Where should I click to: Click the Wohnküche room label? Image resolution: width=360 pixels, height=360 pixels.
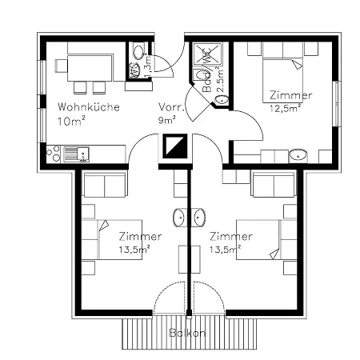(89, 106)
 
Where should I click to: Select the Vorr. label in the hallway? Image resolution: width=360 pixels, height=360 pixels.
(173, 106)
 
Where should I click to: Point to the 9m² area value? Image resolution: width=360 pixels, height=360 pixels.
(168, 122)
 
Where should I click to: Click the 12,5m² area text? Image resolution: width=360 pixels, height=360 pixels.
(285, 107)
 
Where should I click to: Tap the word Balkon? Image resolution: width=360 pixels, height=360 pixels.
(189, 331)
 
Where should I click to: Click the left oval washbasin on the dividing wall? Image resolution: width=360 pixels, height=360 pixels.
(180, 217)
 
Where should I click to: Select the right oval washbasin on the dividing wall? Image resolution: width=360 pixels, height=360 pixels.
(198, 217)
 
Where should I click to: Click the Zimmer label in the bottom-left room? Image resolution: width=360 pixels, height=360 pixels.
(140, 237)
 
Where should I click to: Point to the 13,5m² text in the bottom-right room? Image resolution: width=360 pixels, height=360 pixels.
(230, 249)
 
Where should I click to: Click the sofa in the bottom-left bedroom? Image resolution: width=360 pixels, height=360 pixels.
(104, 186)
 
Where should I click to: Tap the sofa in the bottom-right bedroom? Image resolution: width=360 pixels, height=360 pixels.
(273, 186)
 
